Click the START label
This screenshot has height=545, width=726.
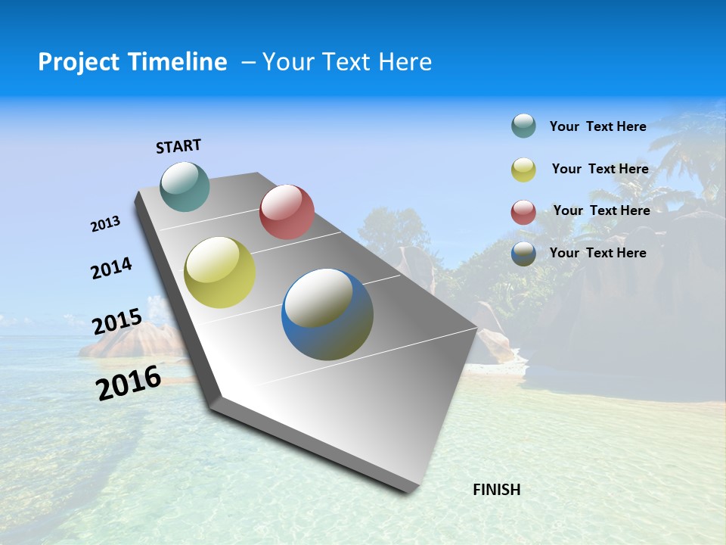(x=178, y=146)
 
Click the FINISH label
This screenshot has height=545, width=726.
(x=496, y=490)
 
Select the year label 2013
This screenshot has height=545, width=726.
(x=105, y=224)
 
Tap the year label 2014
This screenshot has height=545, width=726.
(x=111, y=268)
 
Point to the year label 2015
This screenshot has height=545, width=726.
(x=116, y=322)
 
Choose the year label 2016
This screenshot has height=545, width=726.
(x=129, y=382)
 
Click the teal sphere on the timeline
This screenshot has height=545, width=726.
(x=185, y=186)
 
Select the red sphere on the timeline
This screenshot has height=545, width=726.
(x=287, y=211)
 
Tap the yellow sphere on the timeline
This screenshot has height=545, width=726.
(x=219, y=272)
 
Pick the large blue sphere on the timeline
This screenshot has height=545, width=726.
(x=327, y=314)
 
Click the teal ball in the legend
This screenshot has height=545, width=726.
(x=523, y=126)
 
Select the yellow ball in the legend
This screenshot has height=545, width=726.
(x=523, y=170)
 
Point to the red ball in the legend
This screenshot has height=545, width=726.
(x=523, y=212)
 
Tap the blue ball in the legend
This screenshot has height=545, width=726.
(x=523, y=254)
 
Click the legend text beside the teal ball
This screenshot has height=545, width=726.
(x=597, y=126)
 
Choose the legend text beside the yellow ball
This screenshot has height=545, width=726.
(x=600, y=169)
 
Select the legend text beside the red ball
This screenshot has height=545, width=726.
(x=601, y=210)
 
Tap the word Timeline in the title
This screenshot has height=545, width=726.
(x=178, y=62)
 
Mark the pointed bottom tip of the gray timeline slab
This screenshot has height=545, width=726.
(x=409, y=490)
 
